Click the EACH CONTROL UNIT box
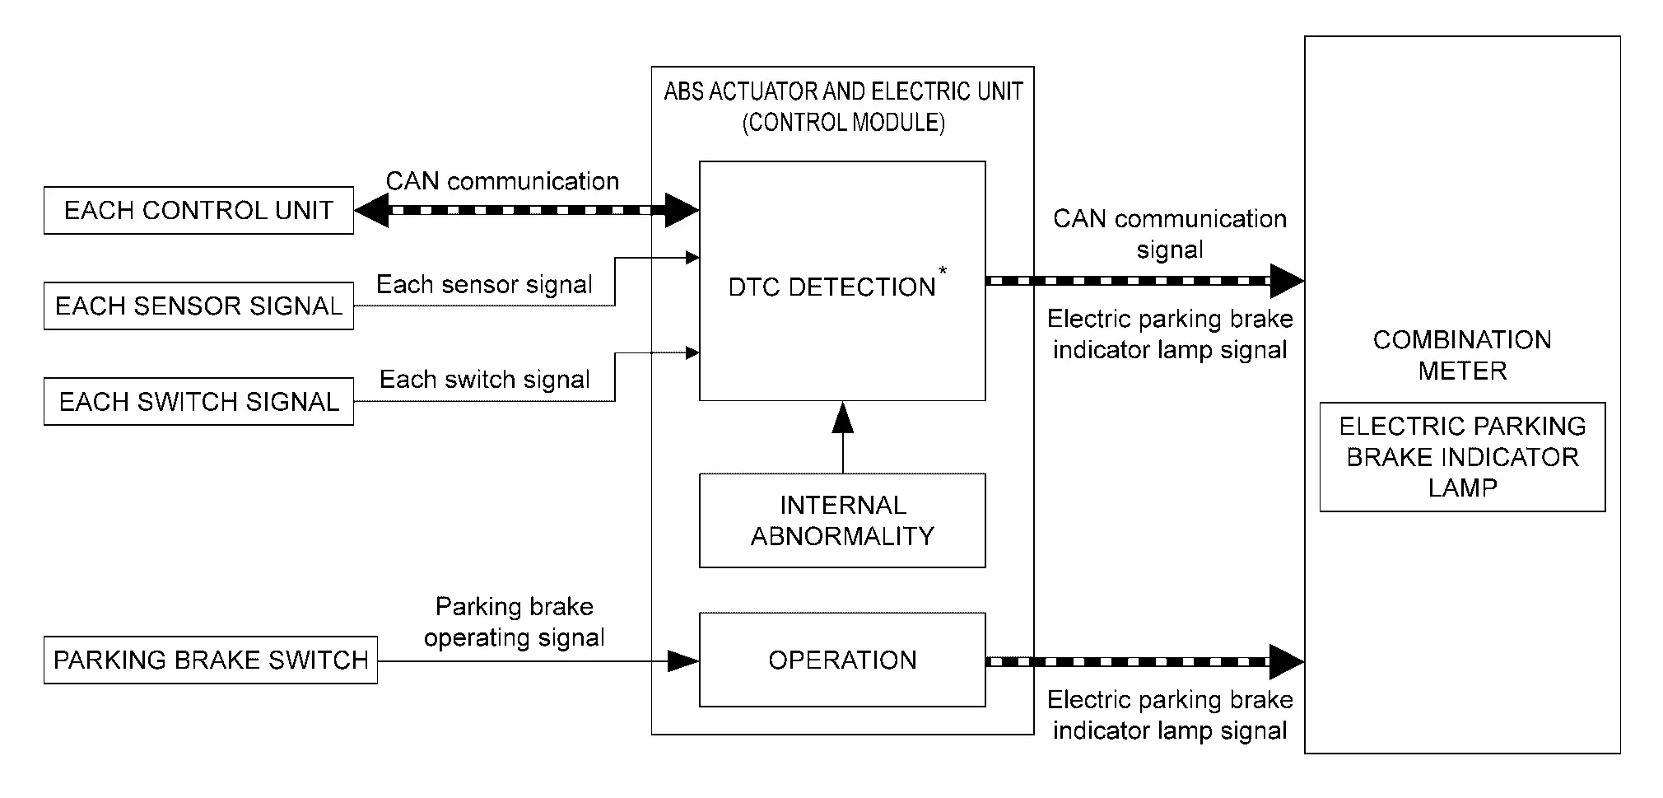198,211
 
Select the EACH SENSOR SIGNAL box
198,306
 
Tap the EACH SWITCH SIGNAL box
198,402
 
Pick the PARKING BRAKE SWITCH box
211,660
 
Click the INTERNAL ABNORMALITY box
842,520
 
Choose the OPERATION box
842,660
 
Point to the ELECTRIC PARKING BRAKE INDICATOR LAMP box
1462,457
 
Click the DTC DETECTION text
831,287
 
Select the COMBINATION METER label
1462,356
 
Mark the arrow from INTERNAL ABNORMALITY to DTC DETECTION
842,436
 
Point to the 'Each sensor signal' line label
484,285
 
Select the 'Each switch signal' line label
484,380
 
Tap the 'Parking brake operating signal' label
514,623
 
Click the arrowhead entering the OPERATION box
683,660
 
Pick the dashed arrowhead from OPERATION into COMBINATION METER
1286,661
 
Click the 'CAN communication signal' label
1169,235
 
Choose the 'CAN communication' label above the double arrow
502,181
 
